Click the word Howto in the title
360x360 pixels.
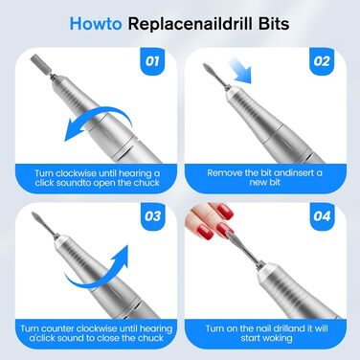click(96, 24)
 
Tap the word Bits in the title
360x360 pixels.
click(274, 24)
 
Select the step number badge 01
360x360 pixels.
click(152, 61)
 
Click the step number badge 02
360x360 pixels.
click(322, 61)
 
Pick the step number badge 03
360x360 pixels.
click(152, 216)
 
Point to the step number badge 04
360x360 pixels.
click(322, 216)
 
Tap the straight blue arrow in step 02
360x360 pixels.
click(240, 70)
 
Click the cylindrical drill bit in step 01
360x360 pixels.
click(40, 64)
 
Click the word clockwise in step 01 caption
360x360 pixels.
click(76, 173)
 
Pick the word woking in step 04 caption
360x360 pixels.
click(277, 338)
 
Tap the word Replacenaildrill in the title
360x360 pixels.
click(190, 24)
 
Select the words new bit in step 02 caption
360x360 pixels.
click(265, 182)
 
